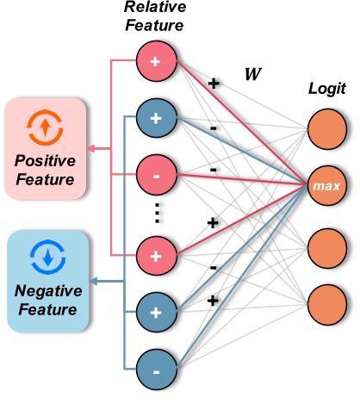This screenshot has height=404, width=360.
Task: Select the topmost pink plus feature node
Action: (156, 62)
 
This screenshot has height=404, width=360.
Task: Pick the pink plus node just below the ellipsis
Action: (156, 256)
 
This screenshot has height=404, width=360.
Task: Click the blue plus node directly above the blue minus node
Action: (156, 309)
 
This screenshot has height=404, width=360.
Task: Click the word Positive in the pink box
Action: (44, 161)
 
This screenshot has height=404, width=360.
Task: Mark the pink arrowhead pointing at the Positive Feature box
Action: (92, 146)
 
